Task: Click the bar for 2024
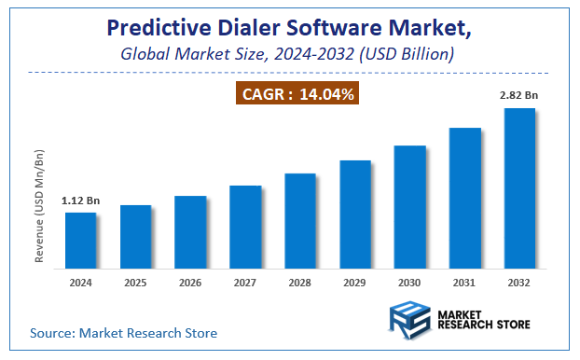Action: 80,240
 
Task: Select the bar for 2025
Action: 135,236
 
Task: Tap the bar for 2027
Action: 245,226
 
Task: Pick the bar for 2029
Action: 355,214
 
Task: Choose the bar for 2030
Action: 409,206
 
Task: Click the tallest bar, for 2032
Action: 519,187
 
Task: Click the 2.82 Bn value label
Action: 519,96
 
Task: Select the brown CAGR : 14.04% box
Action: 296,93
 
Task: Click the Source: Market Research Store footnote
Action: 123,333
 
